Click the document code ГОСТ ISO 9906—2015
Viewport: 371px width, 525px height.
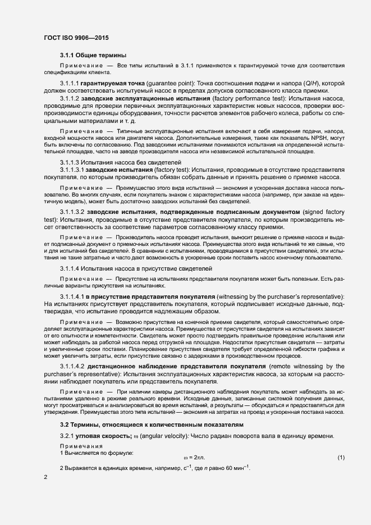[x=76, y=38]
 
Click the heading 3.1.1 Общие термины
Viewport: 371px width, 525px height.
[x=93, y=55]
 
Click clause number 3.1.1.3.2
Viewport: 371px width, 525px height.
[x=75, y=212]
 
